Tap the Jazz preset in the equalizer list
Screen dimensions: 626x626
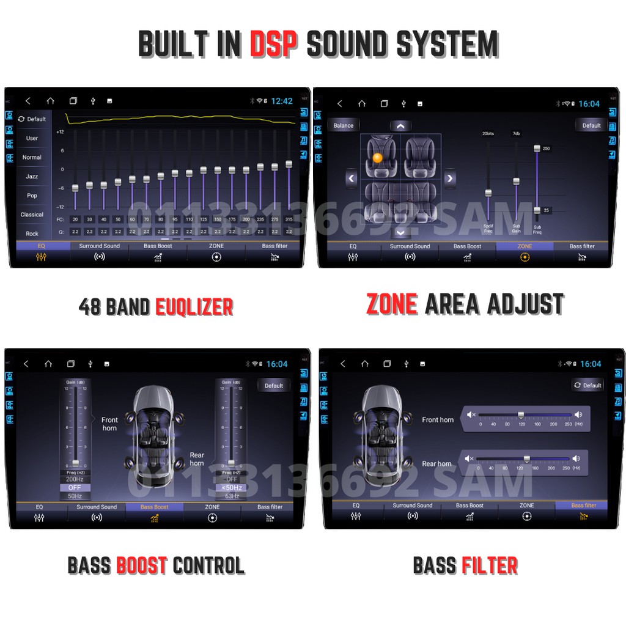(32, 177)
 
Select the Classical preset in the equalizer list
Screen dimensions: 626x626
(32, 215)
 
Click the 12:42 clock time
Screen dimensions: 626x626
(282, 101)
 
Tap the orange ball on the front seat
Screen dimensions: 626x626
(377, 158)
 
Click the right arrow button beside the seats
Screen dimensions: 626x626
(450, 179)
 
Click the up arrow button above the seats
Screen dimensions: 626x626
(400, 126)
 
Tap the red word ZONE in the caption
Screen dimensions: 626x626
(391, 304)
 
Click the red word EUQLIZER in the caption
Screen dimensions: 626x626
(194, 306)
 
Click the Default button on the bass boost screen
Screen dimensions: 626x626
(274, 386)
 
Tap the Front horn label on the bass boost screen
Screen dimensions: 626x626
(110, 424)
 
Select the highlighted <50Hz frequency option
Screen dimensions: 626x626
(232, 488)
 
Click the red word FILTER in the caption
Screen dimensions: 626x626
(490, 565)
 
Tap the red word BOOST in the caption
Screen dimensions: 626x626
(142, 565)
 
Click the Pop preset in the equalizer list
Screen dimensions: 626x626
(32, 196)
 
